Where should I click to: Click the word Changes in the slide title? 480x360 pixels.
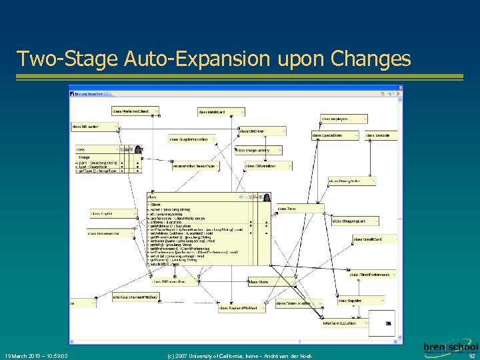click(x=373, y=59)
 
